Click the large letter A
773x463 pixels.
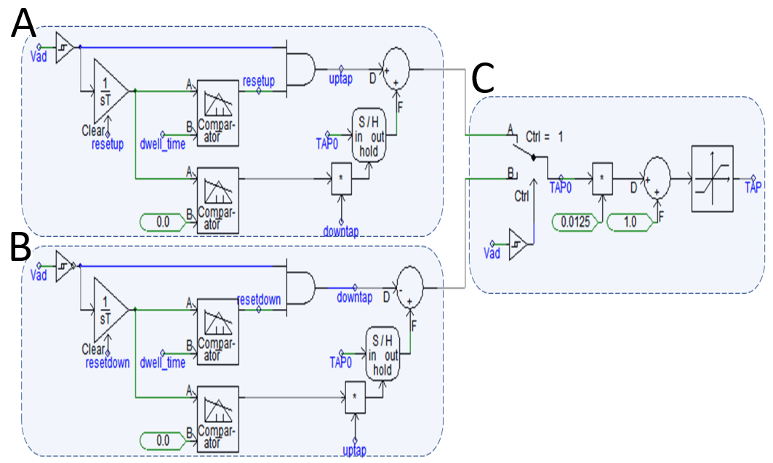pos(23,24)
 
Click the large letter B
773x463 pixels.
pos(20,246)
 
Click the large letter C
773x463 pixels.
pos(483,78)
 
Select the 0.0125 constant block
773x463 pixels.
pos(575,222)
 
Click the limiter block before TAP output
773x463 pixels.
pos(713,179)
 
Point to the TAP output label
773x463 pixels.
pos(753,188)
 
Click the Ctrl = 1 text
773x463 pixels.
pos(544,137)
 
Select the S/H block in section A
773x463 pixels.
pos(368,135)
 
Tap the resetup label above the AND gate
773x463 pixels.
pos(258,81)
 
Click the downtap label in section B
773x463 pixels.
pos(354,297)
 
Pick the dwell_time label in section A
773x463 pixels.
pos(163,145)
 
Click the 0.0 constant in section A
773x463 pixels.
pos(163,222)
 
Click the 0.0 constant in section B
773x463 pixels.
pos(163,441)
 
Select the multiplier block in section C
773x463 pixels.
pos(602,178)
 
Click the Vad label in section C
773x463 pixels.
pos(492,254)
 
